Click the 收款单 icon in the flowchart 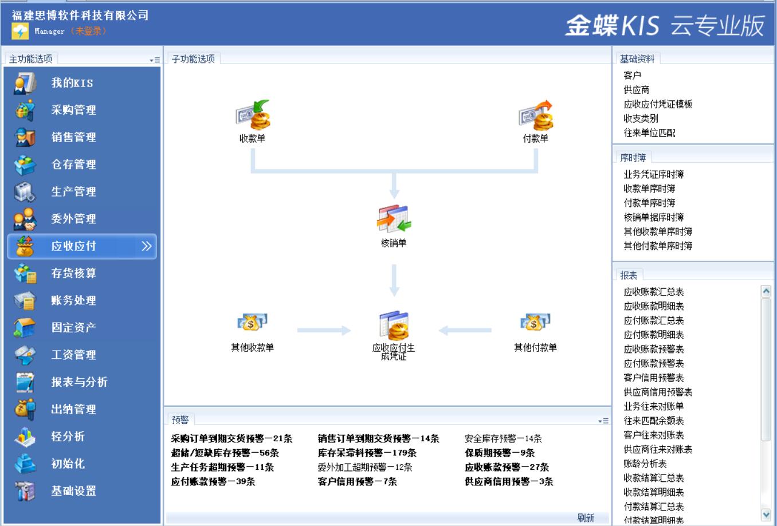(253, 115)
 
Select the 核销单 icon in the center (394, 219)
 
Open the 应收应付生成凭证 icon (394, 325)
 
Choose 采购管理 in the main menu (73, 110)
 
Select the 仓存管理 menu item (73, 164)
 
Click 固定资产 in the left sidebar (73, 328)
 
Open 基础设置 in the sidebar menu (73, 491)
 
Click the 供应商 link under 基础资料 (636, 90)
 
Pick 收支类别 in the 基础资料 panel (641, 119)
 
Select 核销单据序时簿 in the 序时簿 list (653, 217)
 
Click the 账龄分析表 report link (645, 464)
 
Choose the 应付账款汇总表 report (653, 320)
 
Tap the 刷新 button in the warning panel (586, 517)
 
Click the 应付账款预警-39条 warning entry (213, 482)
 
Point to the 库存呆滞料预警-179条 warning (367, 453)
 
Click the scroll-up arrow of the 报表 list (766, 291)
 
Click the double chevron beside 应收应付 (147, 246)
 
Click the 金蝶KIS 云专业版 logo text (665, 26)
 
